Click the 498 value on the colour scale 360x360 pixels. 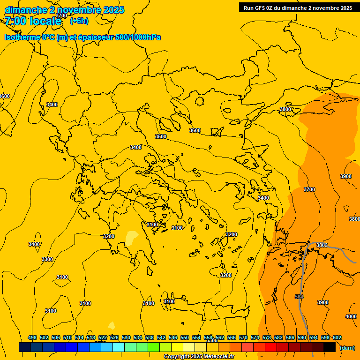click(x=32, y=337)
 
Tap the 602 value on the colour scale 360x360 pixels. click(x=337, y=337)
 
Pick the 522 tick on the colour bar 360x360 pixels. click(x=103, y=337)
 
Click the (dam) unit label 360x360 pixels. click(x=347, y=348)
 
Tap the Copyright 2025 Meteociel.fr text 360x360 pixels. click(x=199, y=357)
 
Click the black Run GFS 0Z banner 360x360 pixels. click(x=298, y=7)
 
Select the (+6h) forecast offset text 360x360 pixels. click(x=79, y=21)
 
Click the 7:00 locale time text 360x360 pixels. click(x=33, y=21)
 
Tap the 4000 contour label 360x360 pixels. click(x=351, y=316)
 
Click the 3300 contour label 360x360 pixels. click(x=47, y=259)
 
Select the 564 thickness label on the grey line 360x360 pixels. click(x=299, y=297)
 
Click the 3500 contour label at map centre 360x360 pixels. click(x=161, y=136)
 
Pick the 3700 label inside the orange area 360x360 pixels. click(x=309, y=189)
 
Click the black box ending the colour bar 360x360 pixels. click(x=330, y=347)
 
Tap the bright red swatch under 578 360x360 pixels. click(x=270, y=347)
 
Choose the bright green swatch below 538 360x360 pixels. click(x=154, y=347)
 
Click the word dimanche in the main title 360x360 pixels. click(x=25, y=10)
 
